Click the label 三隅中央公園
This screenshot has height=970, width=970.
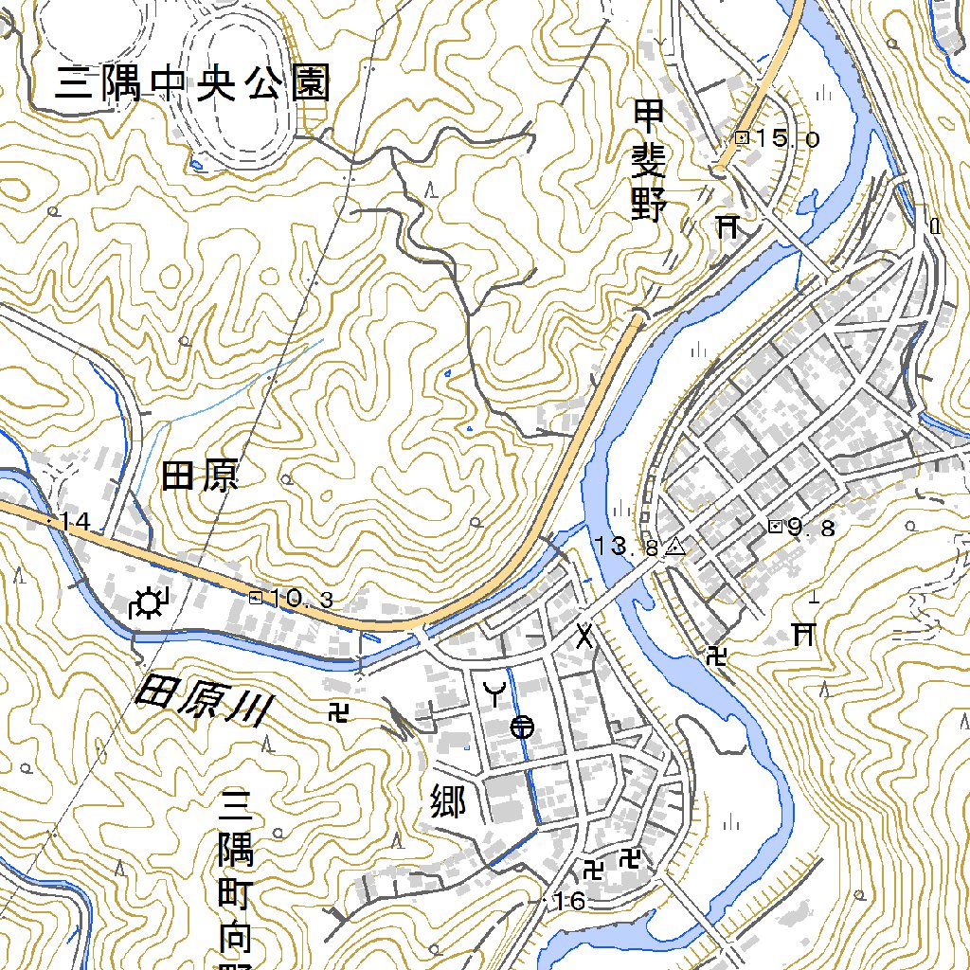[193, 84]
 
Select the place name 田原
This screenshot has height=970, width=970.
[200, 476]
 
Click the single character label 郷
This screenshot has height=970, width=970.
[447, 801]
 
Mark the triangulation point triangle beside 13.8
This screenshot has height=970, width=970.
[674, 547]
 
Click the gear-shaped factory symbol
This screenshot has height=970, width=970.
[149, 603]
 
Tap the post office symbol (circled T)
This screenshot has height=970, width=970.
[522, 727]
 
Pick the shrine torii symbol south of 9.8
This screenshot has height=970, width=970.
[803, 632]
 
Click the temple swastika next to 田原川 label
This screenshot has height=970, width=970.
[337, 710]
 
